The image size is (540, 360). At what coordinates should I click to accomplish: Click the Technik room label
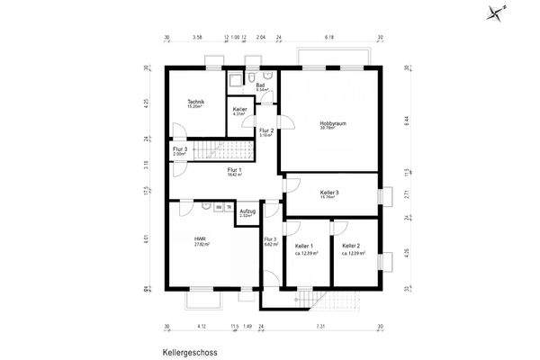pyautogui.click(x=195, y=102)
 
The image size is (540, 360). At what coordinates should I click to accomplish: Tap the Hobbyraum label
pyautogui.click(x=333, y=123)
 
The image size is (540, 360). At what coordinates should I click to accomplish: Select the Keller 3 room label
pyautogui.click(x=329, y=193)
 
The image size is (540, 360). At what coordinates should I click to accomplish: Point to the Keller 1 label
pyautogui.click(x=304, y=246)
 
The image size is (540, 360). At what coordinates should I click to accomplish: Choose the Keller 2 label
pyautogui.click(x=351, y=246)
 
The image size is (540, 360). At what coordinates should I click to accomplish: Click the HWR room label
pyautogui.click(x=200, y=239)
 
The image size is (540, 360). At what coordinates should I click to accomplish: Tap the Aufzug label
pyautogui.click(x=247, y=211)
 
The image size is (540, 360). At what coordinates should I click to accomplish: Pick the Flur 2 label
pyautogui.click(x=266, y=131)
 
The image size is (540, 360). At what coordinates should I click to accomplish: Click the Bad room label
pyautogui.click(x=261, y=85)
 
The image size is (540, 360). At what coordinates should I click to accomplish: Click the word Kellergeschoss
pyautogui.click(x=193, y=354)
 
